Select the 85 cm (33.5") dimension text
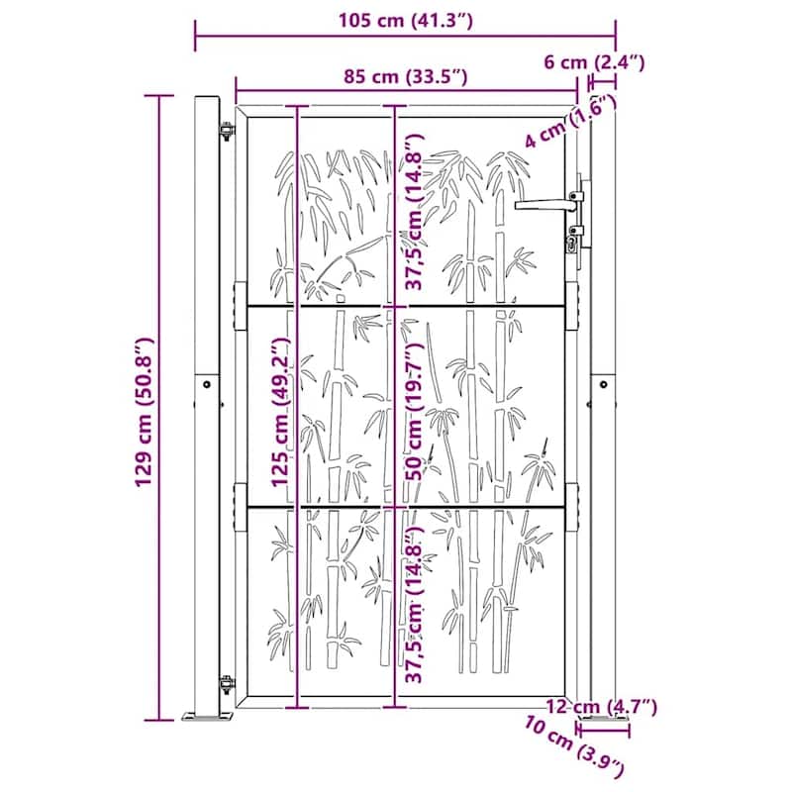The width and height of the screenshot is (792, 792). (x=406, y=76)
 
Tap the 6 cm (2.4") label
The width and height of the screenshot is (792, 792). (x=595, y=61)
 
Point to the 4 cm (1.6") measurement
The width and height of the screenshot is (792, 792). (x=559, y=126)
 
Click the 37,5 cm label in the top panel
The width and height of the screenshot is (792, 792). (x=415, y=210)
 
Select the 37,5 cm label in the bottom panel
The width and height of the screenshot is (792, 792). (x=415, y=606)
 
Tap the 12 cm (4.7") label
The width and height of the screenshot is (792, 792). (x=602, y=706)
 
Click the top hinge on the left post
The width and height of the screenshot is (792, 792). (x=226, y=130)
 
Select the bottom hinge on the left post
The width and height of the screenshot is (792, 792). (x=226, y=684)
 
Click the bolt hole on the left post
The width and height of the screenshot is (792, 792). (x=206, y=384)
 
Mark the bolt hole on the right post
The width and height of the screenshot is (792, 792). (x=601, y=383)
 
